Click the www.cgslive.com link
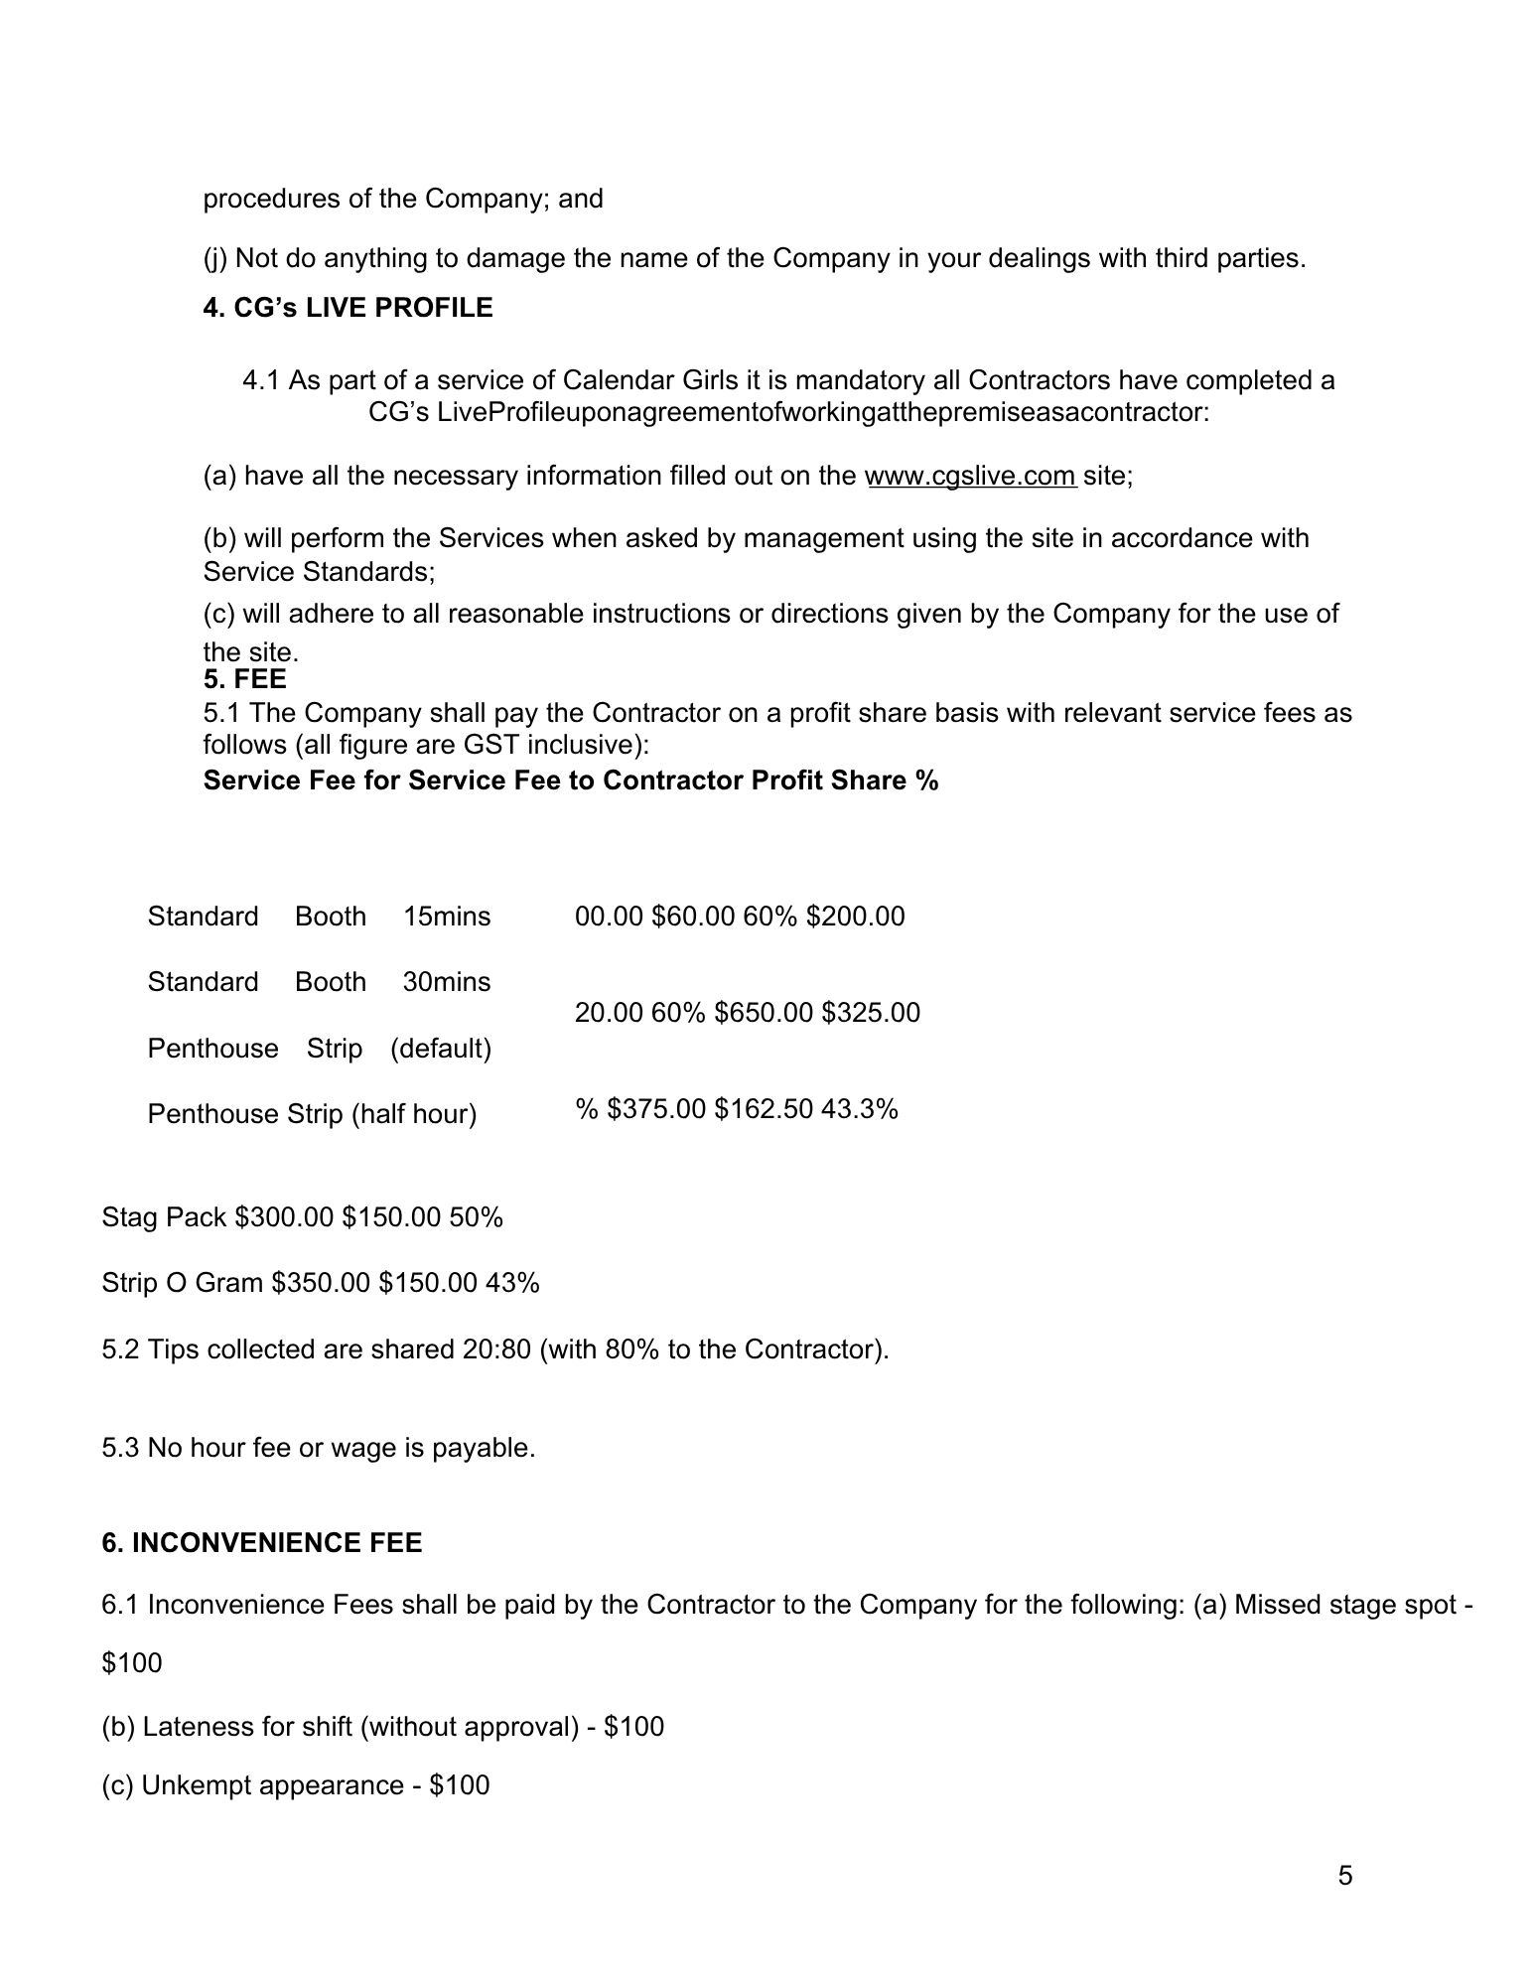(x=970, y=476)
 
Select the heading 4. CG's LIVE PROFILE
(x=348, y=308)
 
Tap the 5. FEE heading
(x=244, y=679)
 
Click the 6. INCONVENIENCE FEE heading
(x=261, y=1542)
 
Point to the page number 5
(x=1344, y=1876)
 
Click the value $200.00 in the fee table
(x=855, y=916)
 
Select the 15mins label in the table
(x=446, y=916)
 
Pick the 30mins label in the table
(x=446, y=982)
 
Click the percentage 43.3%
(x=859, y=1108)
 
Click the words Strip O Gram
(x=183, y=1283)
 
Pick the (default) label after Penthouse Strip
(x=440, y=1049)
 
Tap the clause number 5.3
(x=121, y=1448)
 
